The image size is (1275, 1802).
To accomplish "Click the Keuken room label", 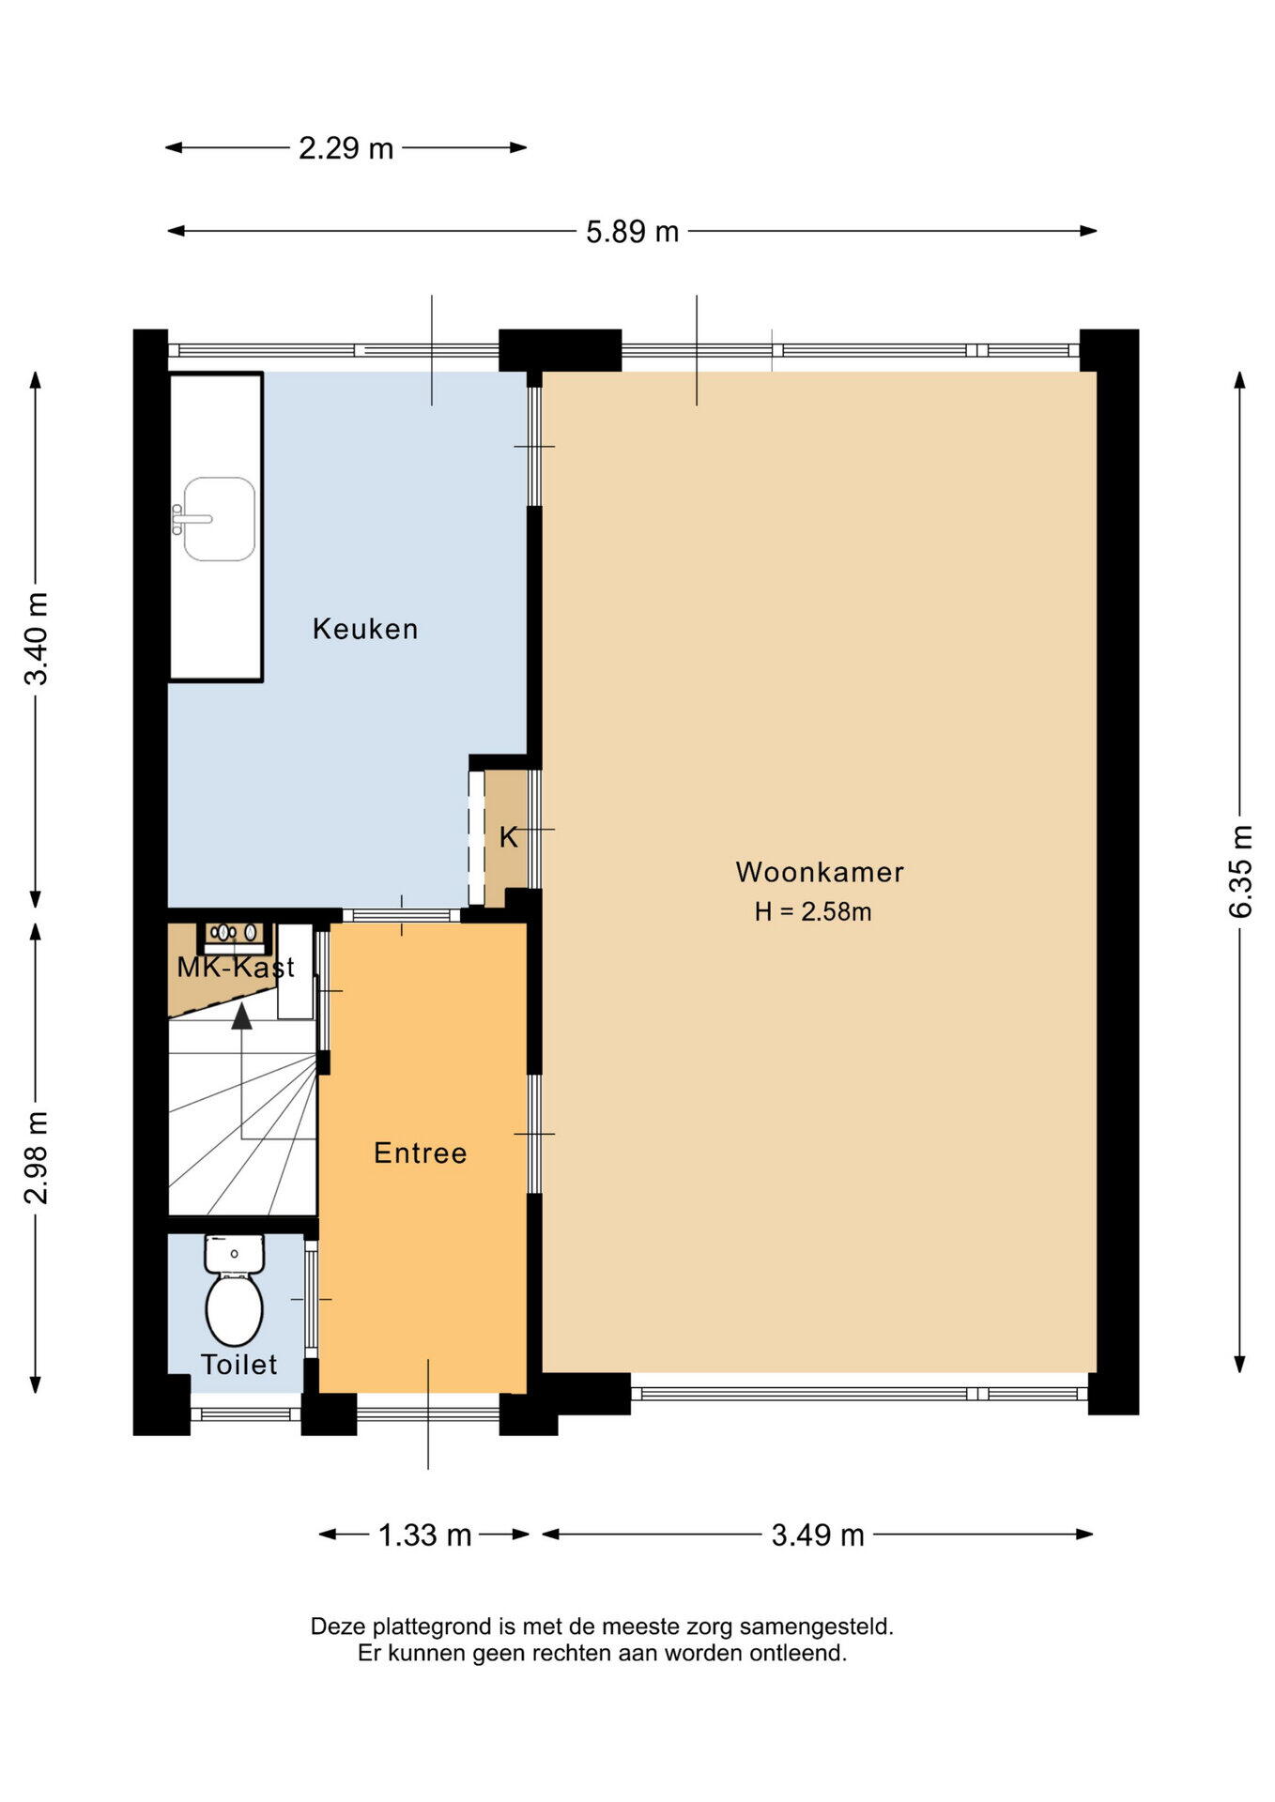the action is coord(365,629).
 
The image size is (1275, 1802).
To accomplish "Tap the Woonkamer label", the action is coord(820,872).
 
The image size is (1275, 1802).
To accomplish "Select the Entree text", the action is coord(420,1153).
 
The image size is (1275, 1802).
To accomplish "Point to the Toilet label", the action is coord(239,1365).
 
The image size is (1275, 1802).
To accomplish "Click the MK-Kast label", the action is coord(236,968).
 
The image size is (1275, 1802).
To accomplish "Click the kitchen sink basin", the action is coord(219,519).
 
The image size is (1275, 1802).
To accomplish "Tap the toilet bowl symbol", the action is coord(234,1310).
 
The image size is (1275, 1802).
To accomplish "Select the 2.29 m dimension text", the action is coord(346,148).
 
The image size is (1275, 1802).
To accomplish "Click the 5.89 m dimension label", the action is coord(632,232).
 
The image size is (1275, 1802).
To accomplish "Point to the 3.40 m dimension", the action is coord(37,639).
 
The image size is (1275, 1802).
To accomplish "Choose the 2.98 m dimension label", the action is coord(37,1157).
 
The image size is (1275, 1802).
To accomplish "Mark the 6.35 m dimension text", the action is coord(1240,871).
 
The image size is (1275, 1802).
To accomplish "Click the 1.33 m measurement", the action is coord(424,1535).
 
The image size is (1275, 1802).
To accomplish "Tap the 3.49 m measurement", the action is coord(818,1535).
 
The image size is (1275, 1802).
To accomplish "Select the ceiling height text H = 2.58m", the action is coord(813,911).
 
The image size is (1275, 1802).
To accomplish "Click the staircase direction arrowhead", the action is coord(242,1016).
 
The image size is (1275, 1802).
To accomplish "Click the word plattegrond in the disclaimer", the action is coord(429,1626).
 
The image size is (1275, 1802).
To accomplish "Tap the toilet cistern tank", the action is coord(234,1254).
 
